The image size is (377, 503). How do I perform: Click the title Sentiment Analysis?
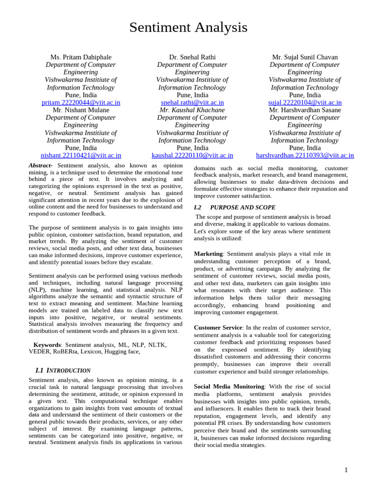[x=188, y=28]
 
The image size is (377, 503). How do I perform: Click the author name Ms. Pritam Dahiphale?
[x=81, y=57]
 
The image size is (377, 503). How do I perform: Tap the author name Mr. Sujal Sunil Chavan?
[x=305, y=57]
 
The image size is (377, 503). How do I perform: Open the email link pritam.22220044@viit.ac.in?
[x=81, y=103]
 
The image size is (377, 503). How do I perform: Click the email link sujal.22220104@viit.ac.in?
[x=305, y=103]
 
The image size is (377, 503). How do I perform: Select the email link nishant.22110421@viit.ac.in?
[x=81, y=156]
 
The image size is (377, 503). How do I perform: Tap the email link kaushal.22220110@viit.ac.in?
[x=192, y=156]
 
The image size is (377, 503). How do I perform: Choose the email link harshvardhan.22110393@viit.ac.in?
[x=305, y=156]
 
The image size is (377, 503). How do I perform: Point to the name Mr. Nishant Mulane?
[x=81, y=110]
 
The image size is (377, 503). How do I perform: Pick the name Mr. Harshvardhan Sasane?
[x=305, y=110]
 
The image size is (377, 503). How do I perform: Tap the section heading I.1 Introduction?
[x=63, y=370]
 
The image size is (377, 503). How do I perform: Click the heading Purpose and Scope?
[x=242, y=208]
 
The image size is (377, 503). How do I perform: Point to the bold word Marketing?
[x=208, y=254]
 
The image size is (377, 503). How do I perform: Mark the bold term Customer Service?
[x=218, y=328]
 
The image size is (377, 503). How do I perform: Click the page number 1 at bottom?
[x=346, y=470]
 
